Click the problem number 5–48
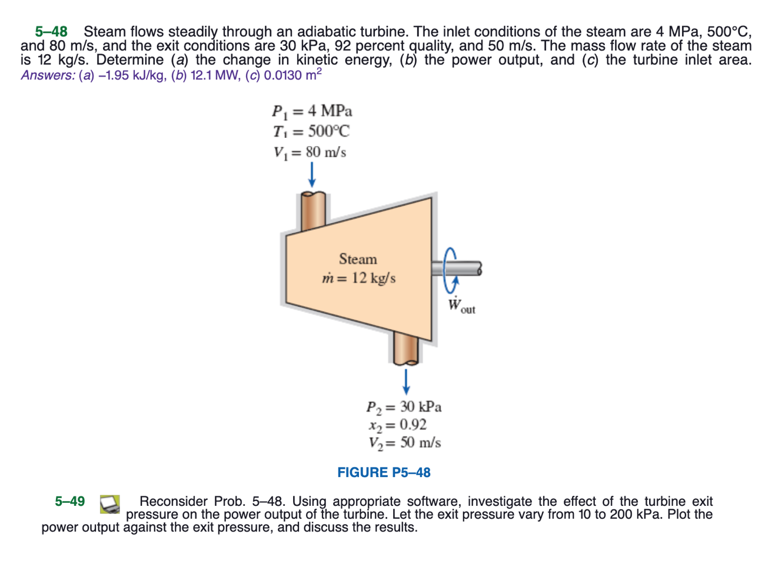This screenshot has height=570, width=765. click(x=51, y=31)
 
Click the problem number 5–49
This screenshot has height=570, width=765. click(x=69, y=502)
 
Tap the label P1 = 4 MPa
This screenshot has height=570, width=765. click(x=311, y=111)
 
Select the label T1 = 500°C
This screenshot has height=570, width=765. click(x=310, y=131)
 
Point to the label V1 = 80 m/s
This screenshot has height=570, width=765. click(x=309, y=152)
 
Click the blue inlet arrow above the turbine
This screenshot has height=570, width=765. click(x=312, y=174)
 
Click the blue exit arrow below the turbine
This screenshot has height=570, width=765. click(x=405, y=380)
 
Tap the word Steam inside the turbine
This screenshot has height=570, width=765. click(x=357, y=259)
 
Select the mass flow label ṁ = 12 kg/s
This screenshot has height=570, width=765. click(x=358, y=278)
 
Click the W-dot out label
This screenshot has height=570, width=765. click(x=460, y=306)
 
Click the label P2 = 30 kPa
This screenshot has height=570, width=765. click(x=403, y=407)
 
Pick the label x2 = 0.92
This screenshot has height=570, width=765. click(x=397, y=425)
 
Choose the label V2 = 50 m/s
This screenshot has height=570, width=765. click(x=404, y=443)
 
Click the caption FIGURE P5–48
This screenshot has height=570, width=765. click(x=384, y=473)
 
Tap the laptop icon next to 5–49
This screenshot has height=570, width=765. click(x=110, y=504)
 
